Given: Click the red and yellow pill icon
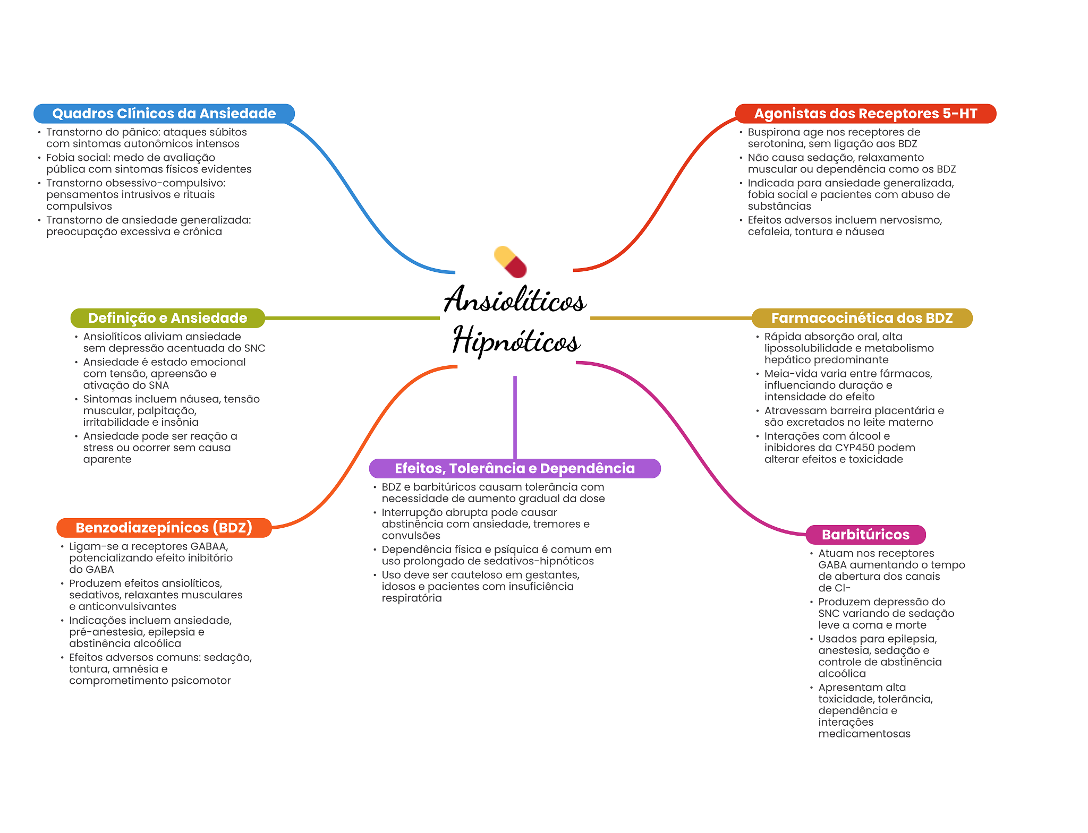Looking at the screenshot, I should click(510, 262).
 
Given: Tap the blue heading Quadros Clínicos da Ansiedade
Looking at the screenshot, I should click(164, 114).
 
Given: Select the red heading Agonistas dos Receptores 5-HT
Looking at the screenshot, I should click(865, 114).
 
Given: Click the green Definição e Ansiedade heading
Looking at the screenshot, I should click(167, 318).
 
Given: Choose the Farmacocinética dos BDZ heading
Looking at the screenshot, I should click(862, 318).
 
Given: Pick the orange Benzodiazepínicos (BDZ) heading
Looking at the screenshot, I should click(164, 528).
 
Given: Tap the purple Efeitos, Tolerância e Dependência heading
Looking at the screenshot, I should click(514, 468).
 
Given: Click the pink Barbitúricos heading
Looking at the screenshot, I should click(865, 535).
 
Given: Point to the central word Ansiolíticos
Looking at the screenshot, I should click(515, 299).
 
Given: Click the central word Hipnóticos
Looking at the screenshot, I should click(516, 340).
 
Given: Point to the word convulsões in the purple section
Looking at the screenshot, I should click(411, 536).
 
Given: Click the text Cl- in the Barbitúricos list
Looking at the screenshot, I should click(842, 588).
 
